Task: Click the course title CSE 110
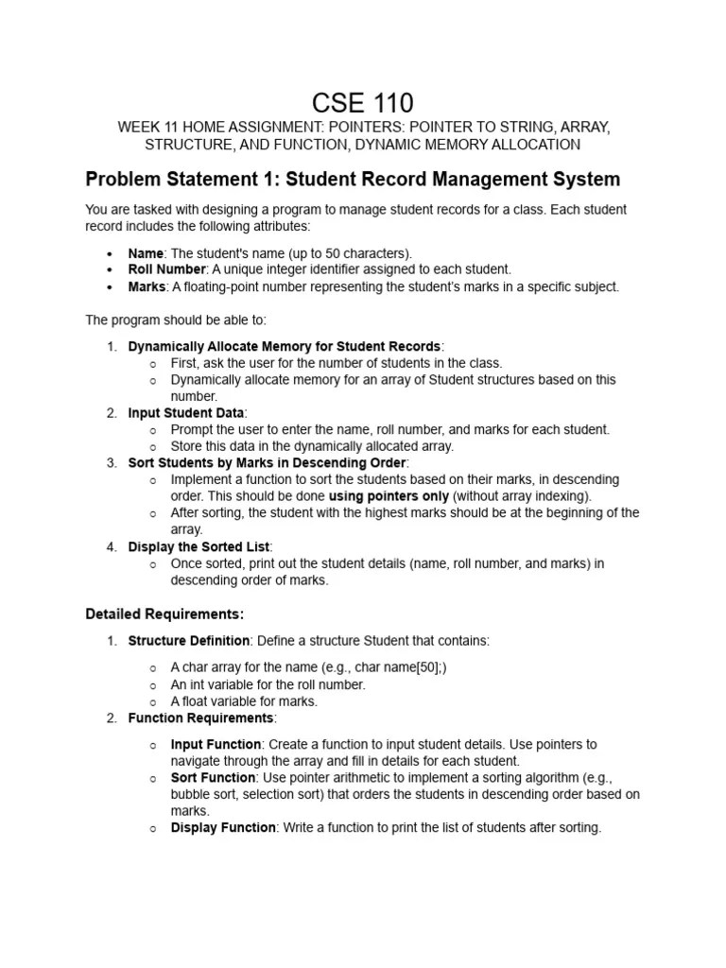[363, 102]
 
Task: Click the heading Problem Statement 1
[353, 179]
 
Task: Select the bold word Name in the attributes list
[146, 252]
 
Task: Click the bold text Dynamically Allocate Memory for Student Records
[284, 346]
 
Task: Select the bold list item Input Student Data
[186, 413]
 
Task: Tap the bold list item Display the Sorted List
[199, 546]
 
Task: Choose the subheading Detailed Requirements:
[164, 614]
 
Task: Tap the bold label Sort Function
[213, 778]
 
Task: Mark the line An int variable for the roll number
[268, 684]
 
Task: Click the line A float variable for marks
[244, 701]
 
